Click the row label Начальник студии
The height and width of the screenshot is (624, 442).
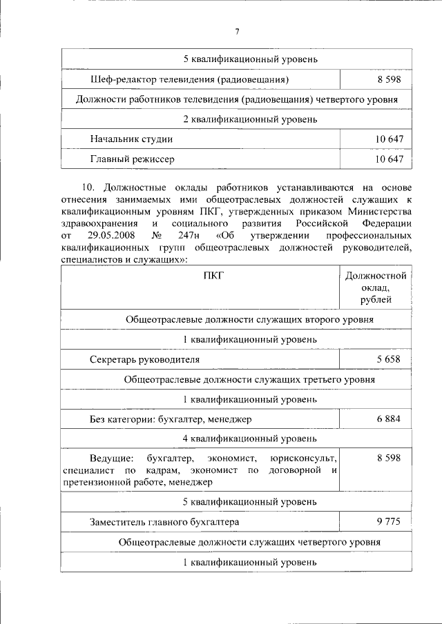[x=131, y=139]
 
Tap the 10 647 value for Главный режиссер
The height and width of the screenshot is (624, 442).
[x=389, y=159]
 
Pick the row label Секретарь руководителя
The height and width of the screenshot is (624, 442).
[x=144, y=360]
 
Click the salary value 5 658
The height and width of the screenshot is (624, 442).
[x=389, y=360]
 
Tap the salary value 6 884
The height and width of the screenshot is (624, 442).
[x=389, y=419]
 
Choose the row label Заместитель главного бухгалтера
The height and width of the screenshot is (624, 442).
[x=165, y=523]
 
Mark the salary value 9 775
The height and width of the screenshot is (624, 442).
[x=389, y=523]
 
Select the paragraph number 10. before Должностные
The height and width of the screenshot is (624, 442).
[x=91, y=188]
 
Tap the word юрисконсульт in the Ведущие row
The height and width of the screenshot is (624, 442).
[x=303, y=458]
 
